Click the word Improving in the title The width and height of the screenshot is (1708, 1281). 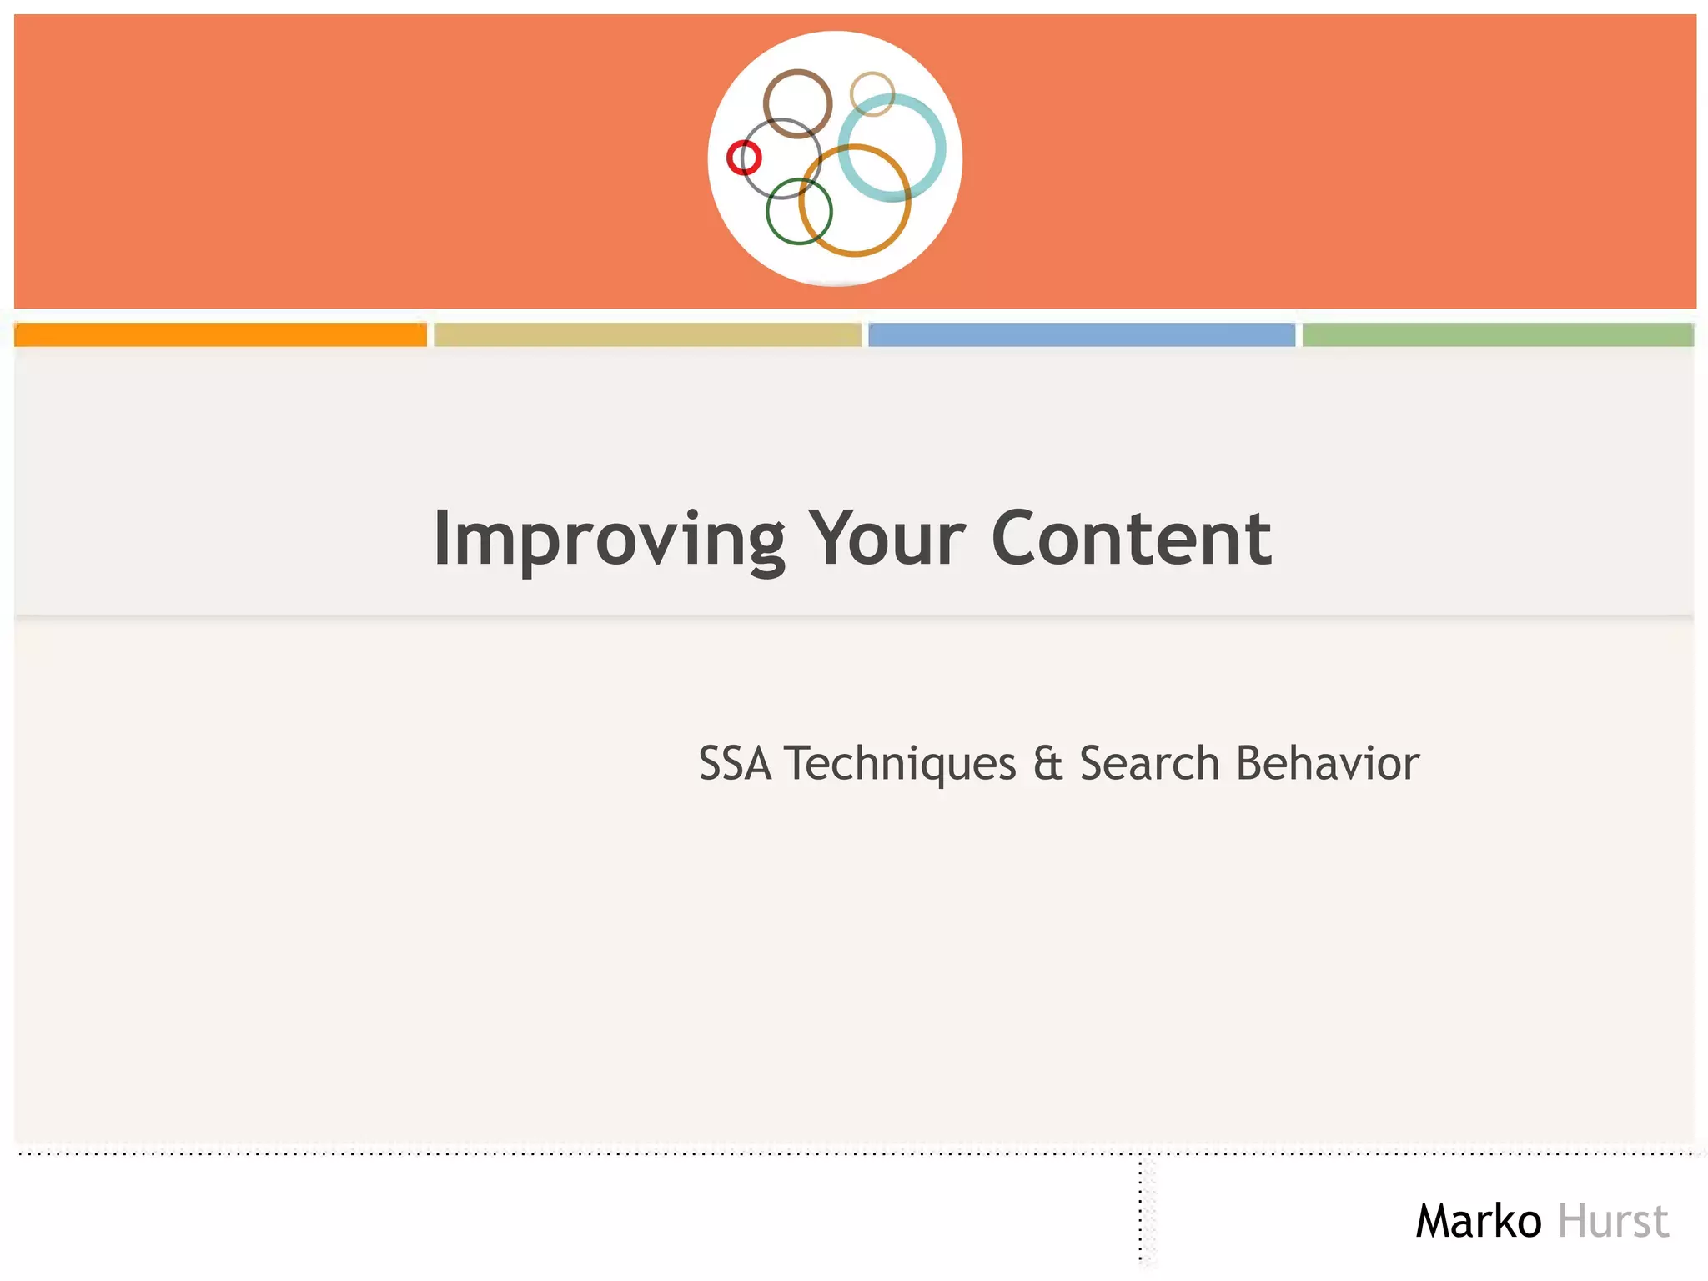tap(609, 540)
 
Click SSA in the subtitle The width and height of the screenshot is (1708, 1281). tap(735, 763)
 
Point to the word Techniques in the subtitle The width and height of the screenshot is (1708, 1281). tap(902, 763)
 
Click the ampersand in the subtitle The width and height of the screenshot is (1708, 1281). tap(1047, 763)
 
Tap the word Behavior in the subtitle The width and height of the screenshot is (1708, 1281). tap(1328, 763)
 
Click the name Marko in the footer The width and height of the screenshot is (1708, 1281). tap(1478, 1221)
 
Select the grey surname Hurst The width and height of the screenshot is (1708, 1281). tap(1613, 1221)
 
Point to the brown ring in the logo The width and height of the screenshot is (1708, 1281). tap(797, 73)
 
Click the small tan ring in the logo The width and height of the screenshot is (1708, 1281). tap(872, 75)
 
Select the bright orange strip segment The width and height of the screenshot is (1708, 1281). tap(220, 334)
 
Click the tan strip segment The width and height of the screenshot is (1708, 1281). tap(647, 334)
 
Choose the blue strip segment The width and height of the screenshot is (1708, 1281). tap(1082, 334)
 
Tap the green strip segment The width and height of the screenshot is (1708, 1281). tap(1498, 334)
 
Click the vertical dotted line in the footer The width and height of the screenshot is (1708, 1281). tap(1141, 1209)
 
